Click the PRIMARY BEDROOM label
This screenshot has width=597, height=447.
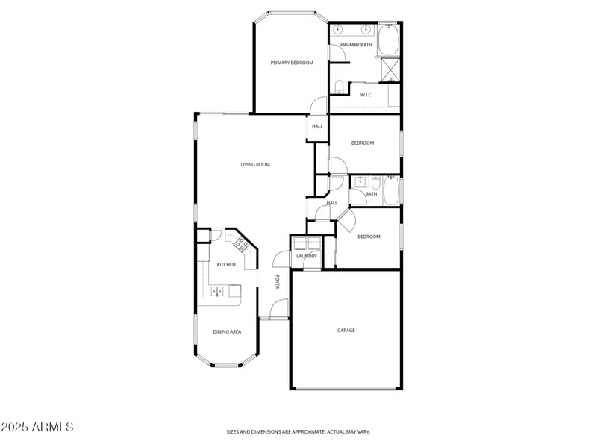[x=292, y=63]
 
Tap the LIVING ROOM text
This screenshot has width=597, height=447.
[x=255, y=164]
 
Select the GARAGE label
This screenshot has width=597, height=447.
[x=346, y=330]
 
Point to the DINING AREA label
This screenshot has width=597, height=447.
[x=227, y=331]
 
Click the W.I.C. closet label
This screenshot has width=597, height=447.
[x=366, y=95]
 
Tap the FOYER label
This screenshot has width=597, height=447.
[x=277, y=283]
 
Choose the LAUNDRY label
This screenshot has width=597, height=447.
[x=306, y=257]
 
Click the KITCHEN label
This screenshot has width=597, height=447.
[x=226, y=265]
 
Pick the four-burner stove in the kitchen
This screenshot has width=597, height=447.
[x=242, y=243]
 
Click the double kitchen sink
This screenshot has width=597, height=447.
[x=219, y=291]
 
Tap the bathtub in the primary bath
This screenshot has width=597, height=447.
[x=389, y=40]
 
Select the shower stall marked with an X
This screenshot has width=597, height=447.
[x=390, y=69]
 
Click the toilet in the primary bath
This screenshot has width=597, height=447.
[x=339, y=84]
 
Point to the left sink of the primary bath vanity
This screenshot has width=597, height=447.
[x=338, y=31]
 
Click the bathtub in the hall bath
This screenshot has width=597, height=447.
[x=392, y=191]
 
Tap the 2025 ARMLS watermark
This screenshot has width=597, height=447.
[x=37, y=428]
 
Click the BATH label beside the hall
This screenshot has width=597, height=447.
[x=371, y=194]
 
